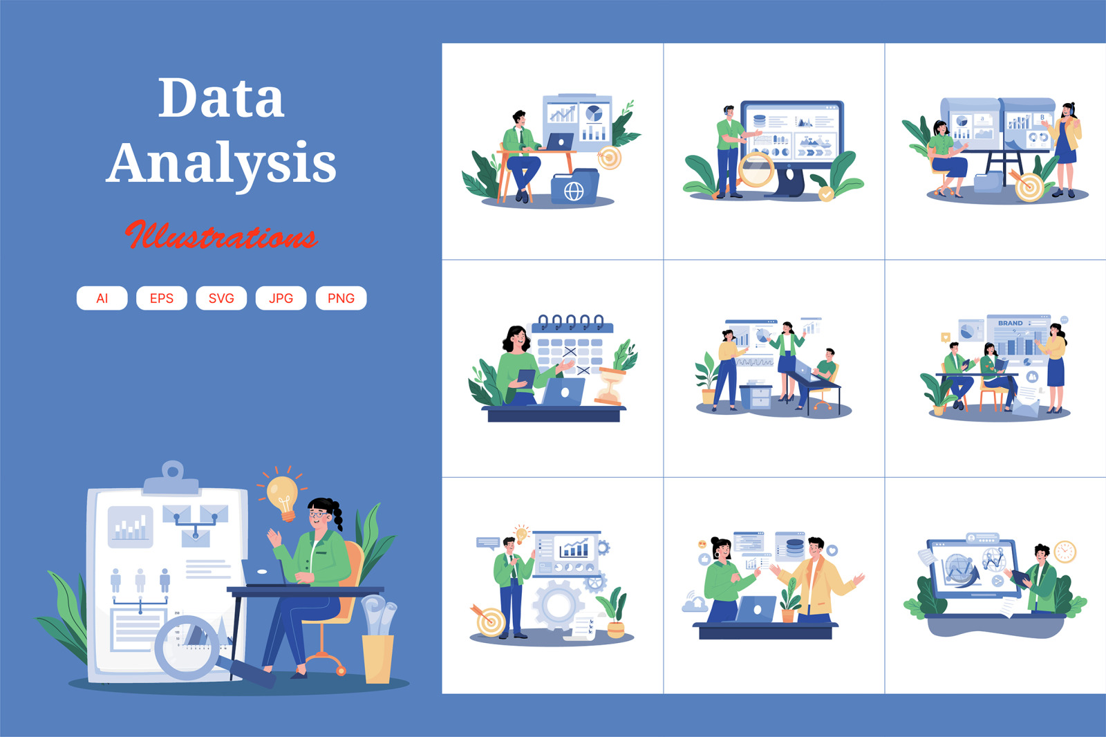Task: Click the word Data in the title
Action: pos(221,98)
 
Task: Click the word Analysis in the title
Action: pos(221,163)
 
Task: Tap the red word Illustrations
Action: pos(221,236)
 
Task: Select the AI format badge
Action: pos(102,298)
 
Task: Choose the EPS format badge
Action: pos(162,298)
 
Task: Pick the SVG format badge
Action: pos(221,298)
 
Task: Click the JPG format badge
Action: pos(281,298)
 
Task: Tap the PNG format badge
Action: pos(341,298)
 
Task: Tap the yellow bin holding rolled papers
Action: pos(377,658)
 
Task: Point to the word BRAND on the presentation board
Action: pos(1010,323)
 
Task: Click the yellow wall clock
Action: pos(1065,551)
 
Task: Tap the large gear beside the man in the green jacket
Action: pos(558,605)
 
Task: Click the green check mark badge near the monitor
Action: pos(826,194)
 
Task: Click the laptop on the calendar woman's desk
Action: pos(563,392)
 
